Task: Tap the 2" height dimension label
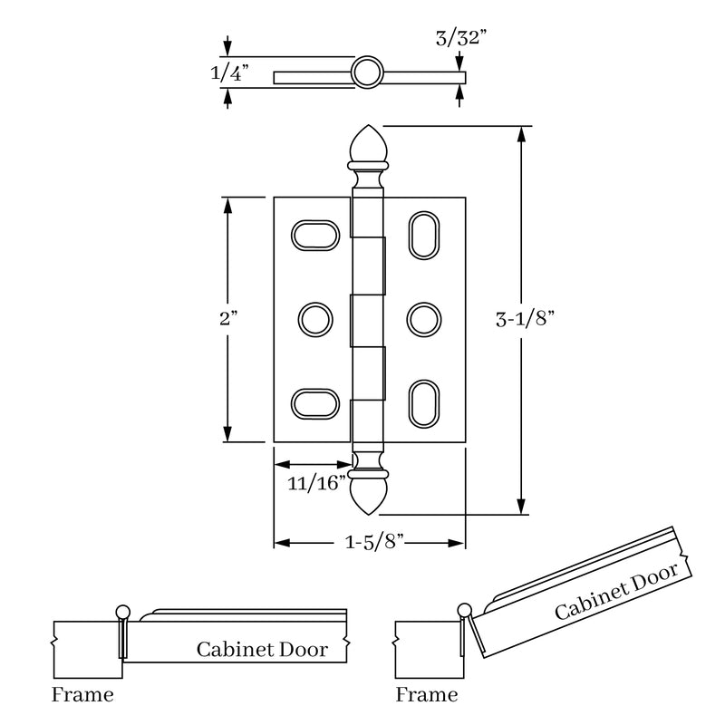228,320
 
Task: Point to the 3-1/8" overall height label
525,319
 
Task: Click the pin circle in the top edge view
368,72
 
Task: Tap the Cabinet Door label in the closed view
262,649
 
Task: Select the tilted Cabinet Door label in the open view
616,594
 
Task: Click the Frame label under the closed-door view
82,696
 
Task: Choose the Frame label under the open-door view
427,696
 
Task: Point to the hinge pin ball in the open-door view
466,609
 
